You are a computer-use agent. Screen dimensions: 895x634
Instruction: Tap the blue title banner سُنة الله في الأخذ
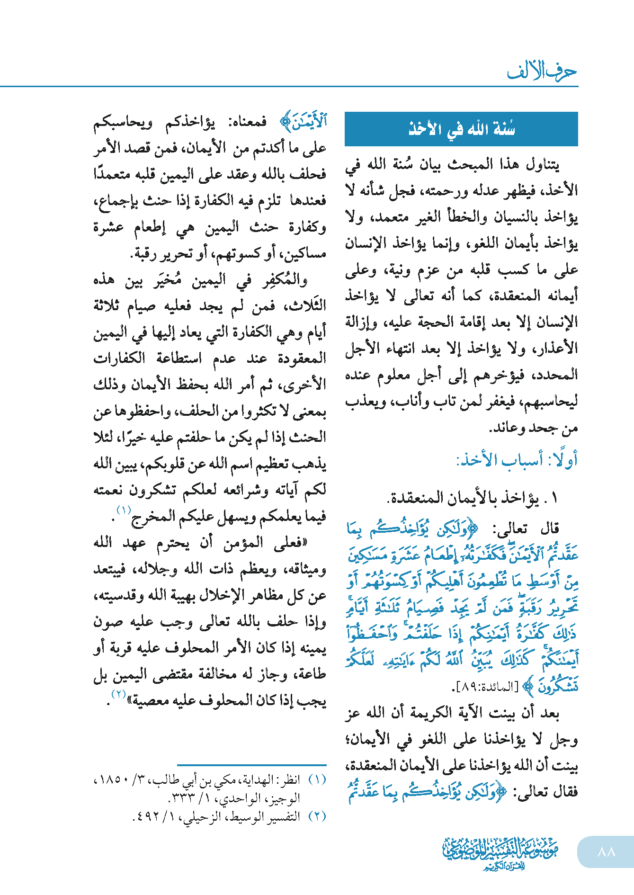pos(461,129)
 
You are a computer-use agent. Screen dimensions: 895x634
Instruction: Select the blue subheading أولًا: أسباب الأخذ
pos(517,460)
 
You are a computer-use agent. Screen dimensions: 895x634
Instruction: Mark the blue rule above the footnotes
pos(251,765)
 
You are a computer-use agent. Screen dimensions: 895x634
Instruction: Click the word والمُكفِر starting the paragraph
pos(286,280)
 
